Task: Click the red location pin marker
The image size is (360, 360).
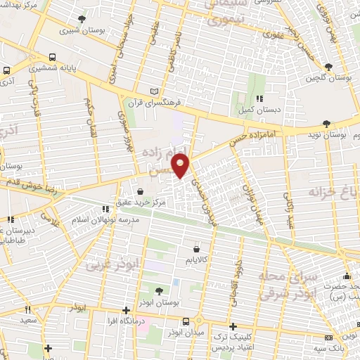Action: tap(181, 166)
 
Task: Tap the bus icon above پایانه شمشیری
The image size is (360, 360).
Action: tap(53, 58)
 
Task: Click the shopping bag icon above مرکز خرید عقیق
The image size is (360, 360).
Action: tap(141, 191)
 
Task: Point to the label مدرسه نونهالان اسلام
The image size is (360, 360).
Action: tap(106, 219)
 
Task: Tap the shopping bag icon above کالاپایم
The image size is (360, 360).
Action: tap(195, 248)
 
